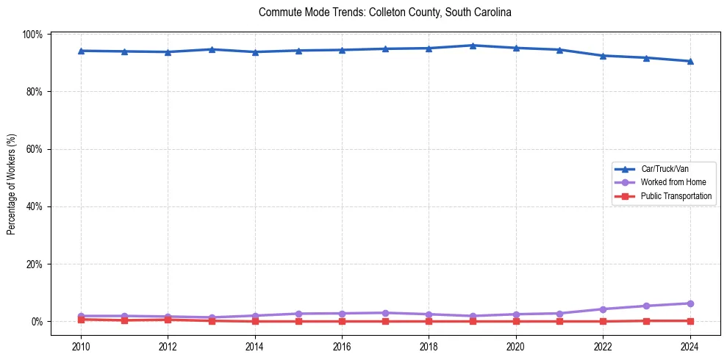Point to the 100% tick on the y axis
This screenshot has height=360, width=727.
tap(33, 35)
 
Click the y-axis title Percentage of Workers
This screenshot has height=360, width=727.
tap(12, 178)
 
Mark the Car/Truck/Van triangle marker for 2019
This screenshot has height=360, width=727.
tap(473, 46)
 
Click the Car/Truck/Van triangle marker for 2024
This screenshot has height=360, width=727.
tap(690, 61)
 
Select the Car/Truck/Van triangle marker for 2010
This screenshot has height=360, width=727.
tap(81, 51)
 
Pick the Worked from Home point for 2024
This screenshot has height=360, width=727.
tap(690, 303)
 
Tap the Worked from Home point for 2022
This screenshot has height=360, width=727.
tap(604, 309)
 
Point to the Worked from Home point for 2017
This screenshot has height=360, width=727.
tap(385, 313)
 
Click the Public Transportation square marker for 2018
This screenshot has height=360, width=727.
tap(429, 321)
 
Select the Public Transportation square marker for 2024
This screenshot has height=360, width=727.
tap(690, 320)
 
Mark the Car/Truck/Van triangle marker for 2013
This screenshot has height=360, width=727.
tap(212, 49)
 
